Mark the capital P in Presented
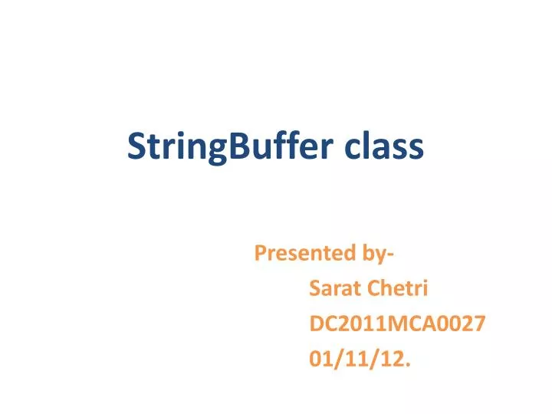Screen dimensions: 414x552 [259, 252]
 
